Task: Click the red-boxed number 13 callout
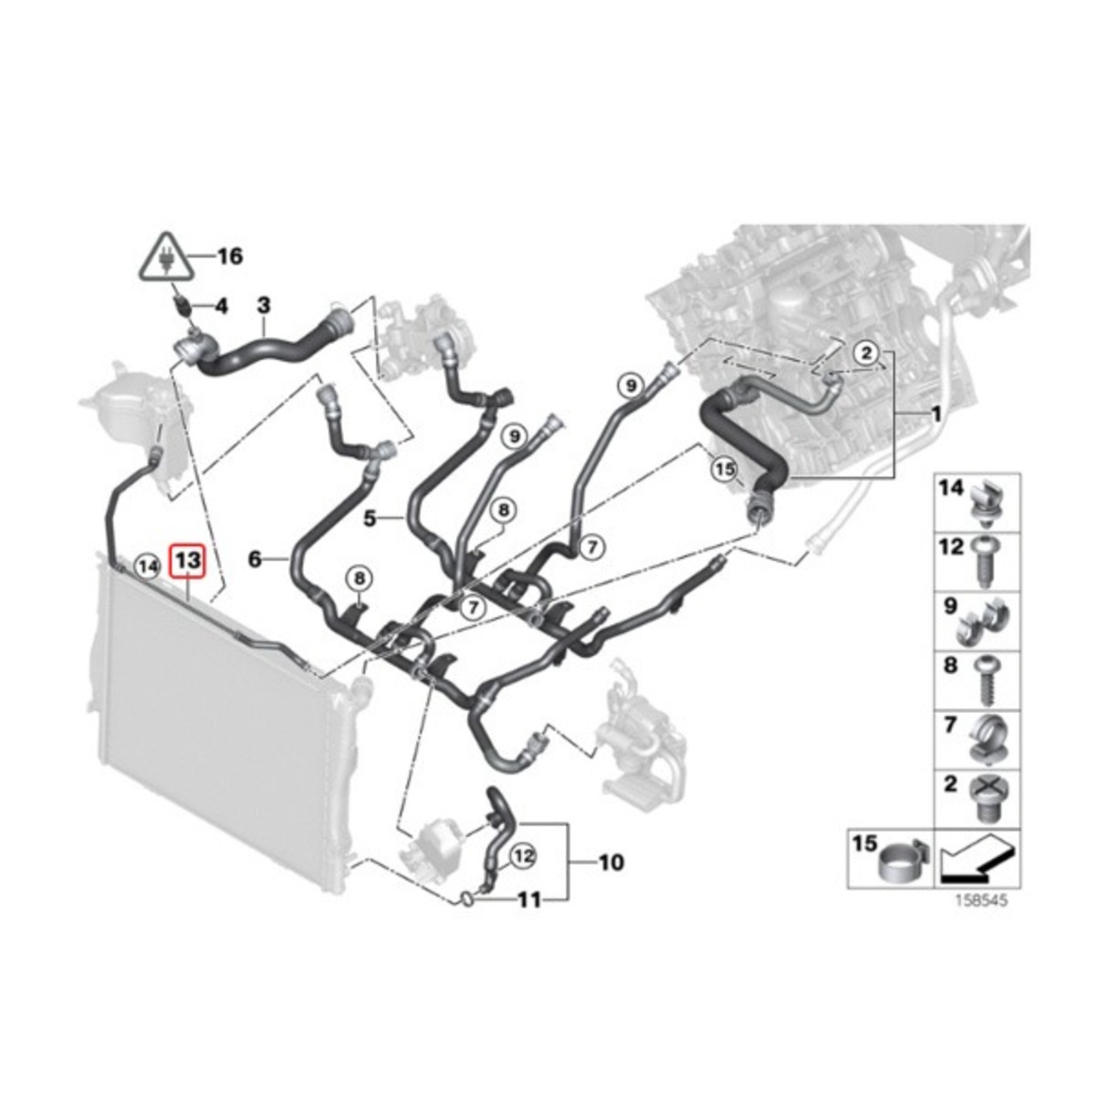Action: tap(188, 562)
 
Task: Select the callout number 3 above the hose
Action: tap(263, 305)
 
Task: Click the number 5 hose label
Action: tap(370, 519)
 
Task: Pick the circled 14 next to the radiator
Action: tap(149, 566)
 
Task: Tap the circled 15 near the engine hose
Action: tap(724, 469)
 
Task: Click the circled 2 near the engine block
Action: tap(866, 354)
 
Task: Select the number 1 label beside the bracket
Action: tap(935, 415)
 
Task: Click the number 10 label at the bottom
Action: tap(611, 863)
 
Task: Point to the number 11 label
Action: tap(529, 899)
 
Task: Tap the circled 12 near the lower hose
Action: tap(523, 856)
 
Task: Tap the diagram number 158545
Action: tap(981, 900)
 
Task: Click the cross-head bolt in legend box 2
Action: tap(986, 799)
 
